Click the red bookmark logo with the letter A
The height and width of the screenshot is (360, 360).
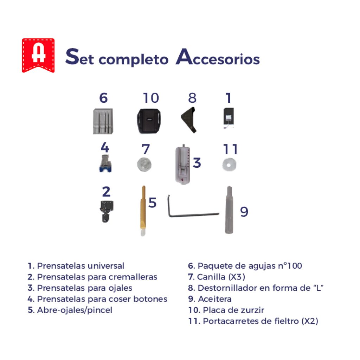pyautogui.click(x=38, y=55)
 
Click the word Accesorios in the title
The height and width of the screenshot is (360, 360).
pyautogui.click(x=218, y=57)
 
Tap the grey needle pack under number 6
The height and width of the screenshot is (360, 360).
pyautogui.click(x=103, y=121)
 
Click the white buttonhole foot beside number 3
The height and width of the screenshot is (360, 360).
pyautogui.click(x=183, y=164)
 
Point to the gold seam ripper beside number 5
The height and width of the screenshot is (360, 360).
pyautogui.click(x=143, y=211)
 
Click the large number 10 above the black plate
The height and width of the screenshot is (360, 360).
pyautogui.click(x=150, y=98)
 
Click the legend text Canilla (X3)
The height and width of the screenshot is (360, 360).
pyautogui.click(x=221, y=277)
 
